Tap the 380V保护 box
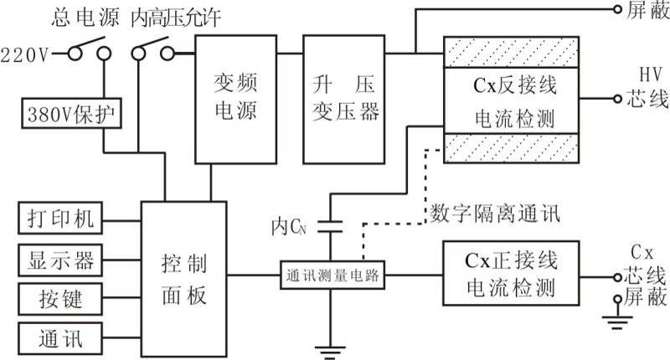click(x=73, y=113)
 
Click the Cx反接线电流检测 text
click(x=510, y=100)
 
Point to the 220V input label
click(x=25, y=56)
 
